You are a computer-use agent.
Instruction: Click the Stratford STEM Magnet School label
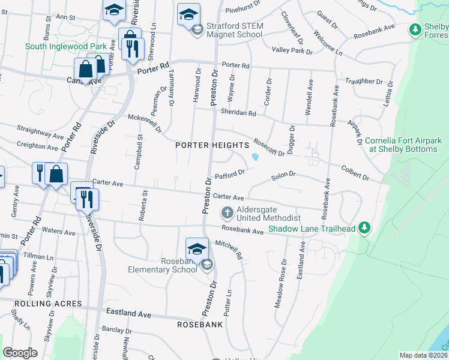pyautogui.click(x=234, y=30)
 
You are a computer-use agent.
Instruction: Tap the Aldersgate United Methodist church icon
pyautogui.click(x=228, y=212)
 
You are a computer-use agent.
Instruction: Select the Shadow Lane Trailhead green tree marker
pyautogui.click(x=364, y=228)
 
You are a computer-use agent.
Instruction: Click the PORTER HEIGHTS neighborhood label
pyautogui.click(x=212, y=145)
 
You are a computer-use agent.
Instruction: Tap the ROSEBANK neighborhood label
pyautogui.click(x=200, y=324)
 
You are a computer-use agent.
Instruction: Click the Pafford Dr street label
pyautogui.click(x=229, y=175)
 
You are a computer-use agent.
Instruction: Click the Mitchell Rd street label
pyautogui.click(x=229, y=250)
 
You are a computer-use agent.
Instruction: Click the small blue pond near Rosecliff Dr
pyautogui.click(x=256, y=157)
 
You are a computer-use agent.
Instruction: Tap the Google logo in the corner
pyautogui.click(x=20, y=353)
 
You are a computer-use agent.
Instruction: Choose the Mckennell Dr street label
pyautogui.click(x=145, y=122)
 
